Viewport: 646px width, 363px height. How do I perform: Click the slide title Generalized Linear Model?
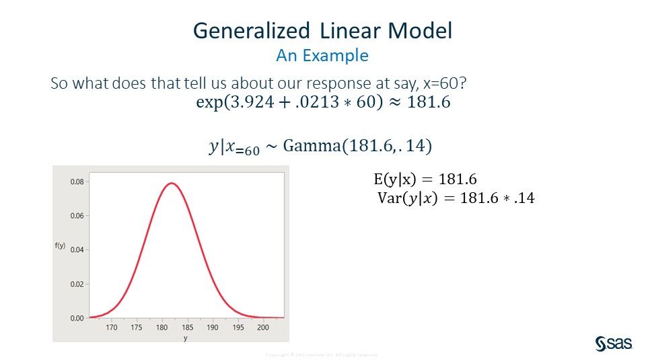click(x=322, y=31)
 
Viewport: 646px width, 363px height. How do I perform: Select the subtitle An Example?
click(x=322, y=55)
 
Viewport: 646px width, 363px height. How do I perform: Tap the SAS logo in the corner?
click(x=613, y=343)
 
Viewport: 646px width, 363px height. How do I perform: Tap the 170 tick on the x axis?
click(x=111, y=328)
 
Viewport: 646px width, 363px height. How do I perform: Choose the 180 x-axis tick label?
click(x=162, y=328)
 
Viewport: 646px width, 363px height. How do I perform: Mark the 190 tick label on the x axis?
click(x=213, y=328)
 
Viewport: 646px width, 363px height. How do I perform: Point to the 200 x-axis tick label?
click(x=263, y=328)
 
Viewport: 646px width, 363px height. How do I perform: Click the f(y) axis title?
click(x=60, y=246)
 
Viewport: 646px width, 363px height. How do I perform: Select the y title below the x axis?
click(x=185, y=337)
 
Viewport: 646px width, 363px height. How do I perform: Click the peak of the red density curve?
click(x=172, y=183)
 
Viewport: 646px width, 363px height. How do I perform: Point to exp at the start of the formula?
click(x=207, y=103)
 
